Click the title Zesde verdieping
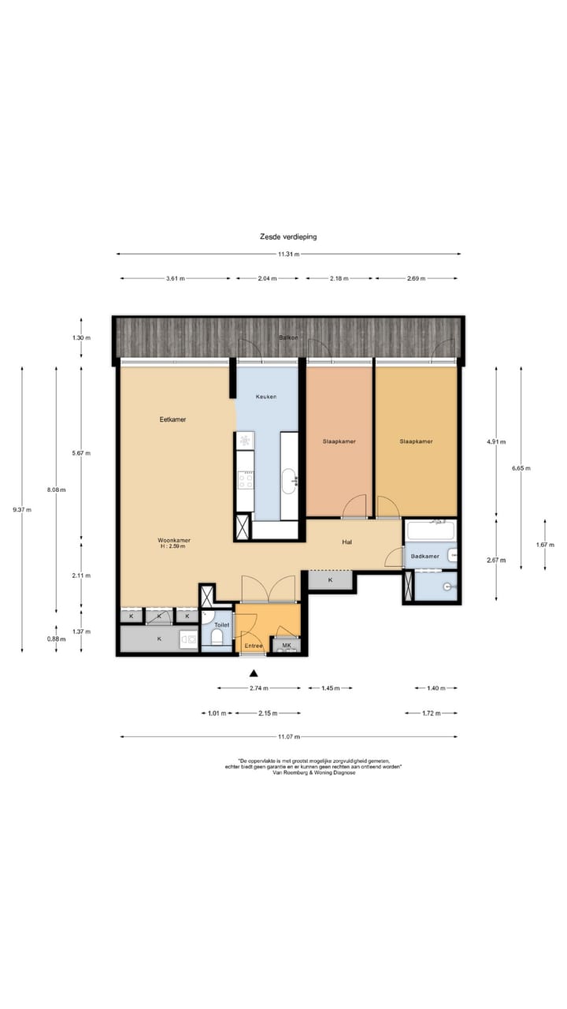pos(288,236)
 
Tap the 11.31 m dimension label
pos(288,254)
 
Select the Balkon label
pos(288,337)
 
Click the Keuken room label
pos(266,397)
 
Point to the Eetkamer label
pos(172,419)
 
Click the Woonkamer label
pos(174,540)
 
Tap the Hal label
pos(346,542)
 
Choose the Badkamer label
pos(424,557)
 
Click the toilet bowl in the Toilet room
pos(217,638)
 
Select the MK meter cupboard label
pos(287,646)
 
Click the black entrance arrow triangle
pos(254,673)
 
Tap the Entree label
pos(254,646)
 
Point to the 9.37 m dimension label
pos(22,510)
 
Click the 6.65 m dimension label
pos(521,468)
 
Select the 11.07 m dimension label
pos(289,737)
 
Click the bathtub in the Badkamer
pos(431,531)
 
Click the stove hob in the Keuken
pos(246,480)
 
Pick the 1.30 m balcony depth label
pos(81,338)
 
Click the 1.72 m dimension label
pos(431,713)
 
